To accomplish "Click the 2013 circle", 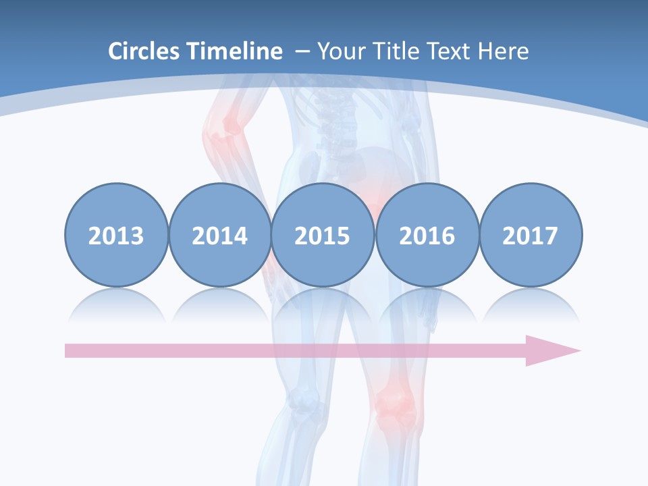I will pos(116,236).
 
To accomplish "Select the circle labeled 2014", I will pos(219,236).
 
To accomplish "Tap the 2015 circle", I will pos(323,236).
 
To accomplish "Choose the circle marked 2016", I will pos(427,236).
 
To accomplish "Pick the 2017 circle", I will pos(530,236).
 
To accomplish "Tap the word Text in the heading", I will pos(452,51).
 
